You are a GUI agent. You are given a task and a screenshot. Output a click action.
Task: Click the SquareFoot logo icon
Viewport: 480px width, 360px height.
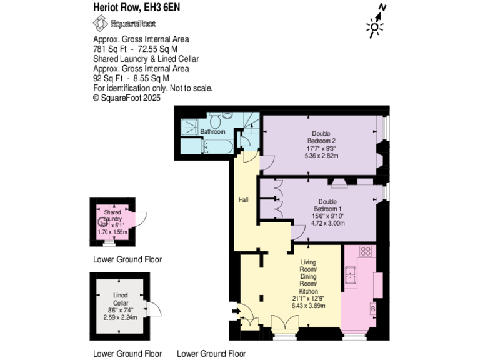(100, 24)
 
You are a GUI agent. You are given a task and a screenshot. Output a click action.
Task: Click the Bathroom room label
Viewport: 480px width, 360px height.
(212, 132)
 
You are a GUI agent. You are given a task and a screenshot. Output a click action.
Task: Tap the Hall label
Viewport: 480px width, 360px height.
(244, 200)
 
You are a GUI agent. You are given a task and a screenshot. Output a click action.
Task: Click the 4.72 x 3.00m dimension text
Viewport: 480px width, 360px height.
(328, 223)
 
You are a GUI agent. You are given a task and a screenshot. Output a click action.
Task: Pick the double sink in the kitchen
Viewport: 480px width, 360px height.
(351, 272)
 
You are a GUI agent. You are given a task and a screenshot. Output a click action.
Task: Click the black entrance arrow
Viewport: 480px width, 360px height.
(235, 311)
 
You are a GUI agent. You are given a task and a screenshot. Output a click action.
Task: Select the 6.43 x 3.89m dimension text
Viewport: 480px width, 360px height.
(309, 306)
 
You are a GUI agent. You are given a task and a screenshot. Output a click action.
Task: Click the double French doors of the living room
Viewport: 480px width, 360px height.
(285, 323)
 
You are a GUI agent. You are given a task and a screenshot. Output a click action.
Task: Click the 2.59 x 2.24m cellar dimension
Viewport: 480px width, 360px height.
(121, 317)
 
